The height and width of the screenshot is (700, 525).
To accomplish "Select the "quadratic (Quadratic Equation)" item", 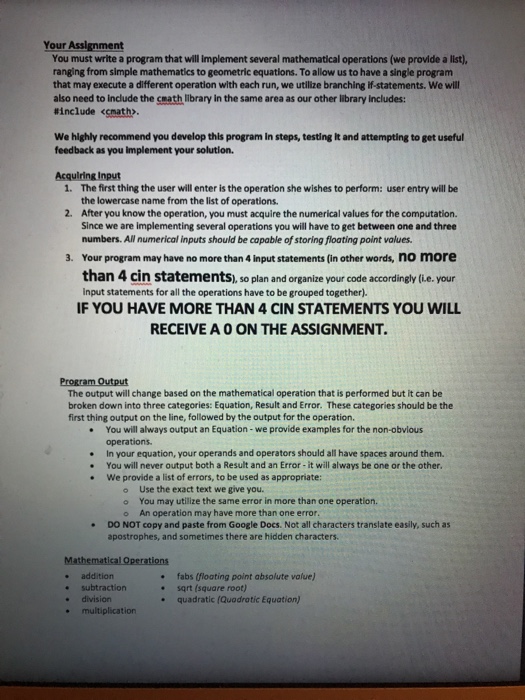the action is point(244,600).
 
